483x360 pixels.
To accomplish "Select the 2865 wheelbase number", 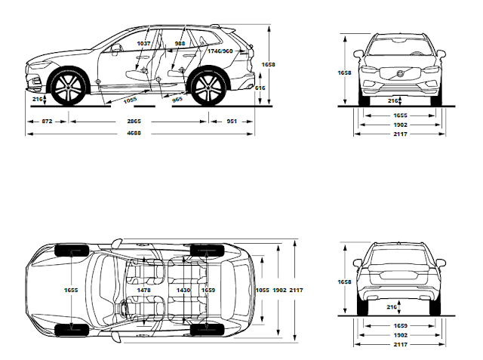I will [x=133, y=121].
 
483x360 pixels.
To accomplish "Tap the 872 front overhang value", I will [x=47, y=121].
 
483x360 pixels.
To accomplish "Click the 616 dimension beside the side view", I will [x=260, y=88].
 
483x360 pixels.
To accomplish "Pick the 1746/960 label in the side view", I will [x=220, y=51].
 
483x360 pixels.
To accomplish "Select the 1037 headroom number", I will [x=143, y=44].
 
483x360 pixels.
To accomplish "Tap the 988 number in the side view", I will [x=180, y=44].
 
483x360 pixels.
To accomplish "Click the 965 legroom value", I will [x=177, y=99].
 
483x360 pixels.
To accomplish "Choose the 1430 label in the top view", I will [x=183, y=290].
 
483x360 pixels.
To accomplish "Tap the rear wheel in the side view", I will [x=206, y=88].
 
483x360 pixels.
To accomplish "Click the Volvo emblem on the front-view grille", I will [x=400, y=73].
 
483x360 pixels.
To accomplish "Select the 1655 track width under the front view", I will [x=400, y=115].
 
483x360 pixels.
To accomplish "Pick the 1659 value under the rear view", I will [x=400, y=325].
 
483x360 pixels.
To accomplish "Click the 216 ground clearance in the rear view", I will [x=392, y=307].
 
